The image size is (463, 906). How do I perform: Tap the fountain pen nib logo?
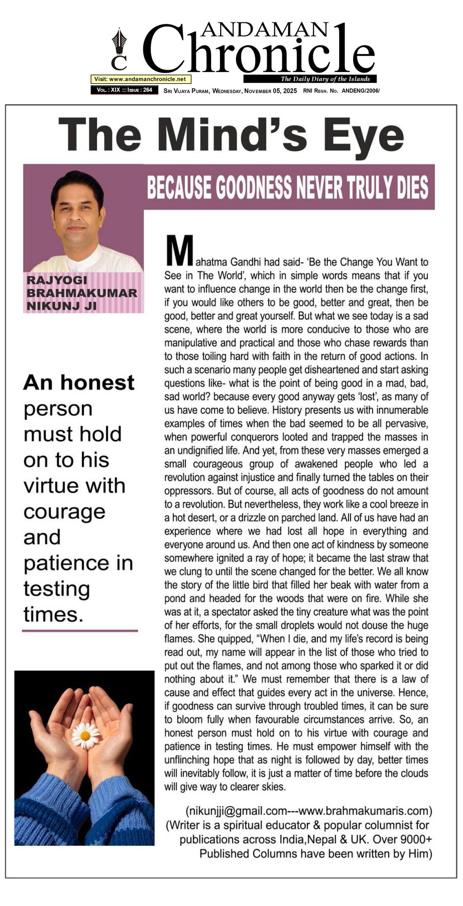pos(119,42)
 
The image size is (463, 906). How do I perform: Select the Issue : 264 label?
pos(140,90)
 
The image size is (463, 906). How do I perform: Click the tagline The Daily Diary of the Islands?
pos(325,79)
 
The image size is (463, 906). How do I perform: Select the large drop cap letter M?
pos(178,250)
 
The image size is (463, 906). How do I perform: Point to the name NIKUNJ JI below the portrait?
pos(61,305)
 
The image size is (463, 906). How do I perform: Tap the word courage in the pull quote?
pos(64,512)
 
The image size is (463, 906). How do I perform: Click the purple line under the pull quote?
pos(80,631)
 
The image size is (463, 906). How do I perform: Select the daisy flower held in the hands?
pos(86,735)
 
